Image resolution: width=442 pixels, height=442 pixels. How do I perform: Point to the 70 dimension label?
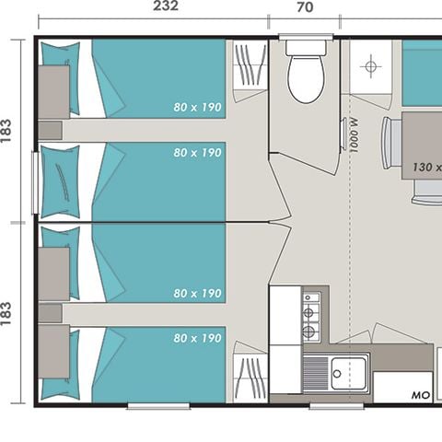click(x=305, y=7)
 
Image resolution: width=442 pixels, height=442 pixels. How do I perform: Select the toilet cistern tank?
click(x=305, y=47)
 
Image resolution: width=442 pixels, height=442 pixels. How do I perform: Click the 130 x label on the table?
click(x=425, y=169)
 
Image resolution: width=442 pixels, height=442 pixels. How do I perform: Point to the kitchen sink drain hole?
click(x=338, y=374)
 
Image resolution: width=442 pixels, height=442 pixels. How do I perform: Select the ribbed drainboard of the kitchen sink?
click(x=316, y=371)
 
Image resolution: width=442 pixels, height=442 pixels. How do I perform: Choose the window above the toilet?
click(x=305, y=36)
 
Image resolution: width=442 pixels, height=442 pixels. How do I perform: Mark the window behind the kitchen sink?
click(x=336, y=404)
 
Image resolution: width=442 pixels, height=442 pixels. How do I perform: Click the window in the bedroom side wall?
click(x=36, y=184)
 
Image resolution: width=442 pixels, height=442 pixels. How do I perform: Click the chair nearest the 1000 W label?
click(x=392, y=143)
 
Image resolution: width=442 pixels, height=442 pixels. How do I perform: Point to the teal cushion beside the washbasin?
click(x=423, y=74)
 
